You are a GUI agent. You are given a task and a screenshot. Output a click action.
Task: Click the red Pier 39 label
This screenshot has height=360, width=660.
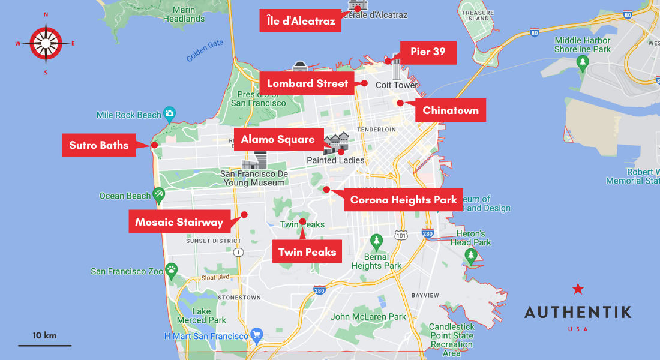point(428,52)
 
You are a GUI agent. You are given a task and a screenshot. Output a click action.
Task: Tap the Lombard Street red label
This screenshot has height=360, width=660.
point(307,83)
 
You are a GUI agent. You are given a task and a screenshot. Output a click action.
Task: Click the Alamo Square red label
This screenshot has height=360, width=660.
point(278,140)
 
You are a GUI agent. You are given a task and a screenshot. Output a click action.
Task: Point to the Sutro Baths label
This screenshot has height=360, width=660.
point(99,145)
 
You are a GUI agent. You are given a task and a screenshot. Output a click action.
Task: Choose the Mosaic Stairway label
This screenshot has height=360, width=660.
point(179,222)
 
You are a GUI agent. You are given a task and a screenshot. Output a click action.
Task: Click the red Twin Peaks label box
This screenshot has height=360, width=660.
point(308,252)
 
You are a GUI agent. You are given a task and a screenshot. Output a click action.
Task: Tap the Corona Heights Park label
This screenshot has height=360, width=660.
point(403,200)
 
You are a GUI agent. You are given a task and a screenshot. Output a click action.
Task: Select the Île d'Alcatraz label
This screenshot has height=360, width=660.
point(301,21)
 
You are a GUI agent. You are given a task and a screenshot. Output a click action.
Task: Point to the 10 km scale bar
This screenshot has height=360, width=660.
point(44,345)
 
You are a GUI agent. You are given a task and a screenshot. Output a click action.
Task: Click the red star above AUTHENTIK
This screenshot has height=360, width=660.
point(578,289)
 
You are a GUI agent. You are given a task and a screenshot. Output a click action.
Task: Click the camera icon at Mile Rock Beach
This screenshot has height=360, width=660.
point(170,113)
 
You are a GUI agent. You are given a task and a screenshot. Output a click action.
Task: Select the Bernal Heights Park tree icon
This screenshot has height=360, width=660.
point(376,241)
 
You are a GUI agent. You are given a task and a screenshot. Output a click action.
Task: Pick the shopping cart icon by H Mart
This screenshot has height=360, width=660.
point(257,334)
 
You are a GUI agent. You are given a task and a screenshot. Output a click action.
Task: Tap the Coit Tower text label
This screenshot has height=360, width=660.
point(397,85)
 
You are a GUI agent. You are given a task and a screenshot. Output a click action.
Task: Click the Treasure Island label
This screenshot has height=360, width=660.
point(478,15)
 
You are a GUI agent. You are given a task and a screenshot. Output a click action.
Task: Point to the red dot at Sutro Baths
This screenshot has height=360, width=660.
point(154,145)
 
